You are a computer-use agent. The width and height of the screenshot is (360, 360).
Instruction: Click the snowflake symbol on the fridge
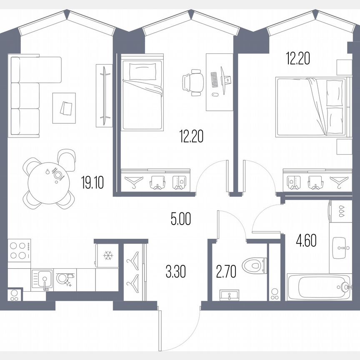pyautogui.click(x=108, y=255)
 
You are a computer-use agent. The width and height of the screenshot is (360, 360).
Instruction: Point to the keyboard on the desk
pyautogui.click(x=214, y=80)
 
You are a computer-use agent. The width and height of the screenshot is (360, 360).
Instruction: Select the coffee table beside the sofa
pyautogui.click(x=64, y=108)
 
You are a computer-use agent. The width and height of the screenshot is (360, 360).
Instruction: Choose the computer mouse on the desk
pyautogui.click(x=214, y=94)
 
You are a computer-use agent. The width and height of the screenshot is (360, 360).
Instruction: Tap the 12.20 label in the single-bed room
pyautogui.click(x=191, y=136)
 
